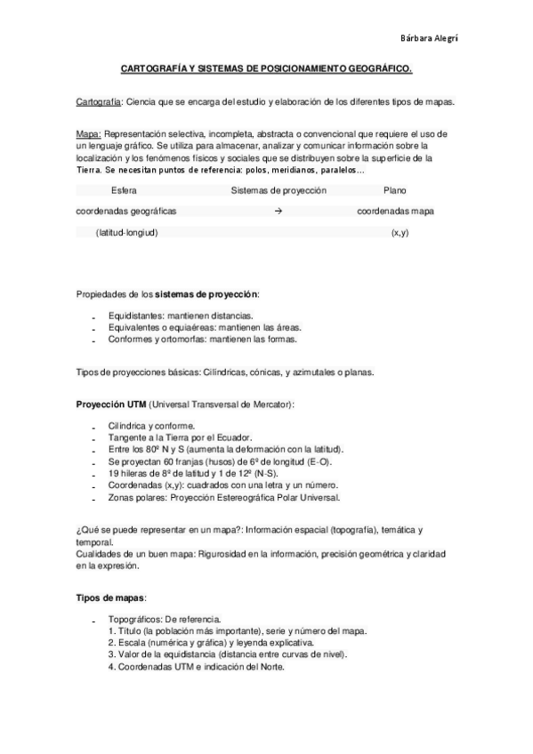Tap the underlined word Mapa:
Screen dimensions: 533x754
point(89,134)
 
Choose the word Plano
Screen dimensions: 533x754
point(395,190)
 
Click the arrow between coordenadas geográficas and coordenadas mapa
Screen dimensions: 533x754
point(279,212)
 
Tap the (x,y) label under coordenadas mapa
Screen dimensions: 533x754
point(400,232)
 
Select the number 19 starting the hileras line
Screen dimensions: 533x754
point(114,474)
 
